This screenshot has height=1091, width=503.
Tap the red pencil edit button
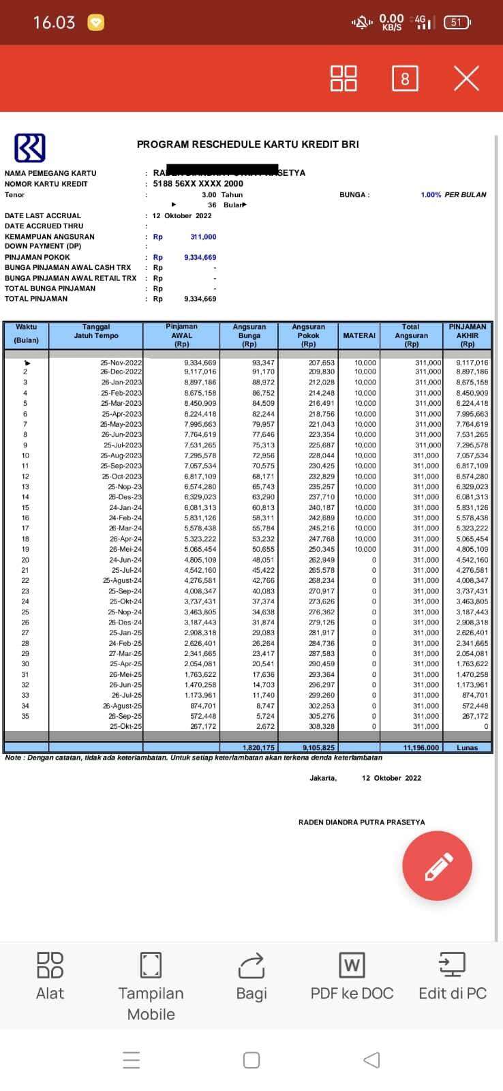437,866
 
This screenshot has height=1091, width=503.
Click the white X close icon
466,78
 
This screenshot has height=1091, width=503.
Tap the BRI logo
30,148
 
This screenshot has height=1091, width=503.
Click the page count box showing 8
405,78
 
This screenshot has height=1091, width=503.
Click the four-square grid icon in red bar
344,78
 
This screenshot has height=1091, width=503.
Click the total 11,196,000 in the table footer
421,747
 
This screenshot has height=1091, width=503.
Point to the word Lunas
468,747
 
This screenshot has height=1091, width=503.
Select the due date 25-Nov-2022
121,363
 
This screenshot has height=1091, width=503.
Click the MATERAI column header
359,335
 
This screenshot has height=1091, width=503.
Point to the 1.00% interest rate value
431,195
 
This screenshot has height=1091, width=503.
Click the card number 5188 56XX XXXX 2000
198,184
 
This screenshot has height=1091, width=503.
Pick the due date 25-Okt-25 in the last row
126,726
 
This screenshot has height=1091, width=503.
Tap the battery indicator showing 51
457,23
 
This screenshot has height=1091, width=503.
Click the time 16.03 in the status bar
54,23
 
